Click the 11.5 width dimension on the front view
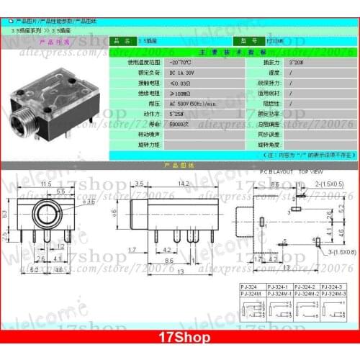point(46,185)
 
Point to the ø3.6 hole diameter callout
point(89,202)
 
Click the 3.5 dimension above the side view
point(139,184)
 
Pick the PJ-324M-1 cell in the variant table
point(279,293)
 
